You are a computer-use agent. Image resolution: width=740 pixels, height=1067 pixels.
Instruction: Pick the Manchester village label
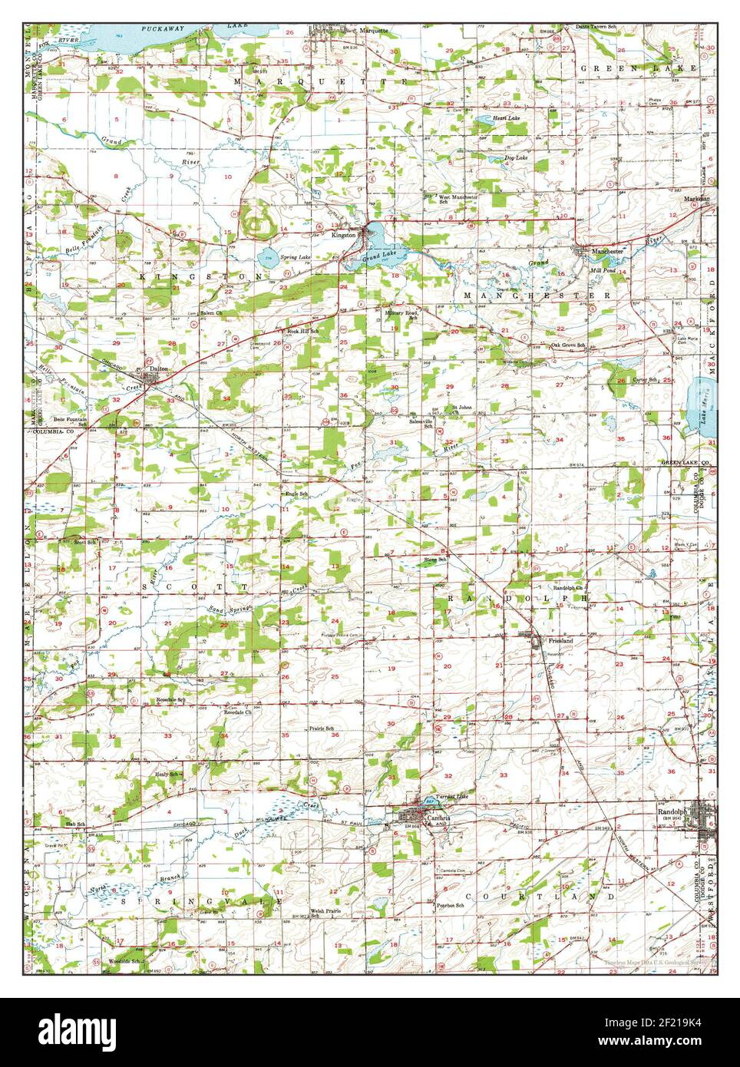(606, 251)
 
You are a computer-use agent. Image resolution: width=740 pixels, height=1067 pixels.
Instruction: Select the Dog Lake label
(515, 157)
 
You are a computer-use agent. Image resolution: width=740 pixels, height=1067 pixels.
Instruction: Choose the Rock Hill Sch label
(302, 331)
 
